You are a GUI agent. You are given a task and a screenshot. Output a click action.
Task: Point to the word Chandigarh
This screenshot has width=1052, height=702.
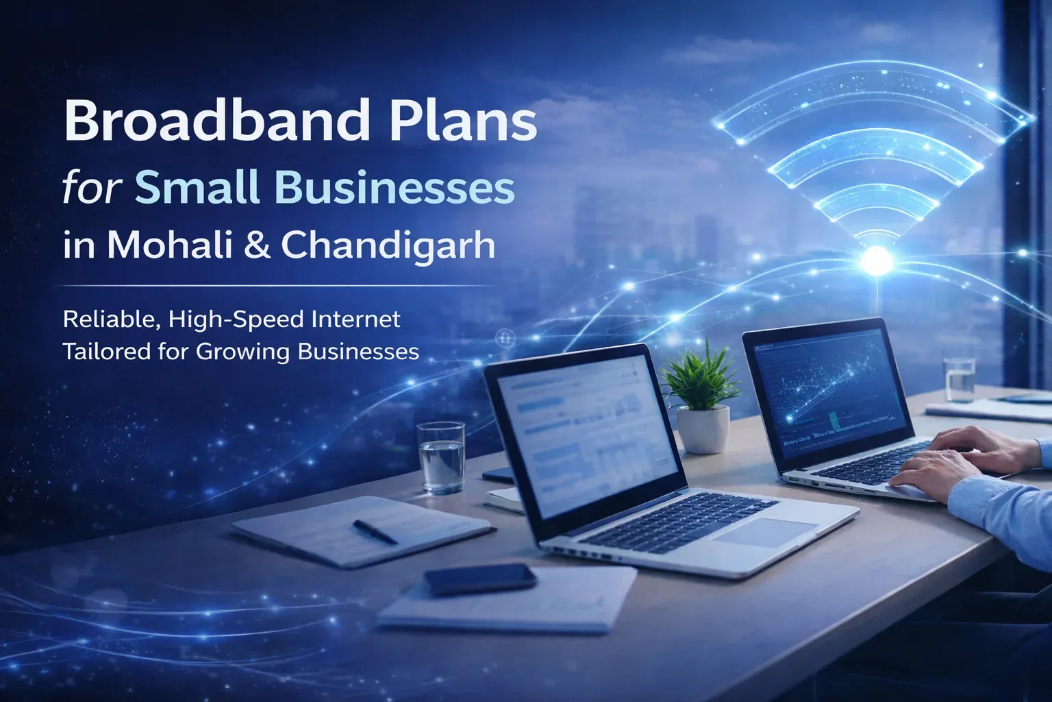click(388, 245)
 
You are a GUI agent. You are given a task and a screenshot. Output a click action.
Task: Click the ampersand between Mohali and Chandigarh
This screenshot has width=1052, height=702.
click(256, 245)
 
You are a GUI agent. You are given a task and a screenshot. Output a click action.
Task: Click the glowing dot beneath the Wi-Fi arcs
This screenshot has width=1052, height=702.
click(877, 260)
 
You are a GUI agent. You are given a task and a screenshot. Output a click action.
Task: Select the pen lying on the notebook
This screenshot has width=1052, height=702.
click(375, 532)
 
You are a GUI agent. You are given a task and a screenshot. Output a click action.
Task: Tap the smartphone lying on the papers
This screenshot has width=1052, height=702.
click(479, 580)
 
